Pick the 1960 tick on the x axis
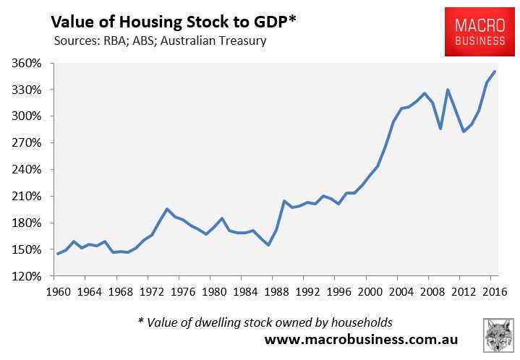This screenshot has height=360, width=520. click(57, 293)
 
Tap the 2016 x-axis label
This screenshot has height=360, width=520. click(493, 293)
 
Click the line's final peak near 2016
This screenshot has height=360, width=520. click(495, 72)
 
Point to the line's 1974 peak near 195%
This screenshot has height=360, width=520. click(167, 209)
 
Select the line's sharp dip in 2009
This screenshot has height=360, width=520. click(440, 129)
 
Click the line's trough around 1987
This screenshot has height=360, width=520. click(268, 245)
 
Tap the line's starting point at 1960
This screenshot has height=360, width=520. click(58, 254)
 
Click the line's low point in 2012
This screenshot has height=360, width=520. click(464, 132)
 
